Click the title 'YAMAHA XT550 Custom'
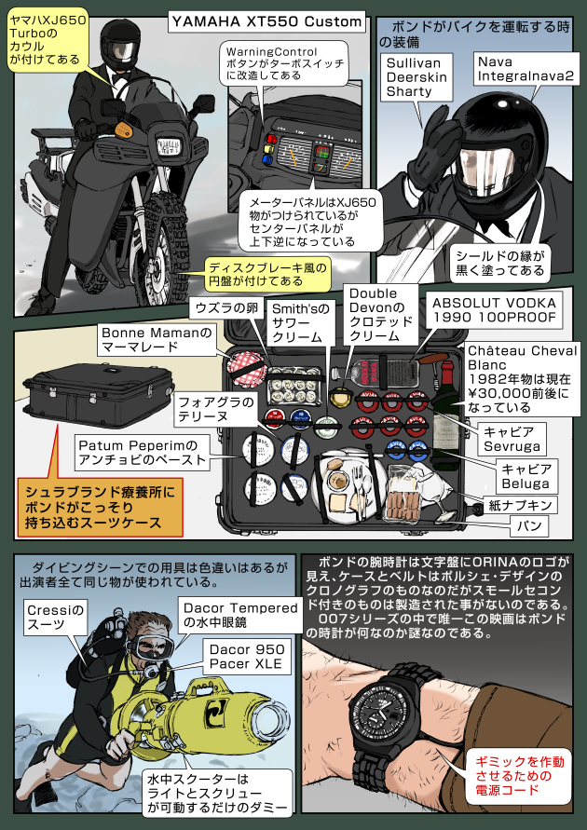pos(266,20)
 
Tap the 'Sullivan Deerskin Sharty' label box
pos(416,76)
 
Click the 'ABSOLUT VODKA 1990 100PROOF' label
pos(494,310)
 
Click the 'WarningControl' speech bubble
pos(284,66)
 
